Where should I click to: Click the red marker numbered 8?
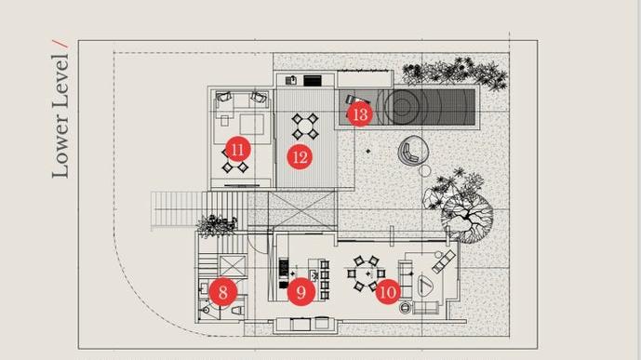coord(222,292)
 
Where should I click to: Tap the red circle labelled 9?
coord(300,292)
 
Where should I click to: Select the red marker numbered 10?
coord(388,292)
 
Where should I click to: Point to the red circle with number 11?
coord(238,150)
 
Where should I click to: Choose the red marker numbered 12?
coord(300,157)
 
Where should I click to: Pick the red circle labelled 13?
coord(360,114)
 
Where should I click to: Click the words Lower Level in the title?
coord(60,116)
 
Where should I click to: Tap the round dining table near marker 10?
coord(367,273)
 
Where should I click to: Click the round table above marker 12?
coord(305,127)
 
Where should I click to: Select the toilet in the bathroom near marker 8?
coord(237,311)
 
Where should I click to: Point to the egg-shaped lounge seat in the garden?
coord(413,152)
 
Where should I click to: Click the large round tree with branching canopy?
coord(467,219)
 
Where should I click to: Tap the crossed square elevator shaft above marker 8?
coord(233,266)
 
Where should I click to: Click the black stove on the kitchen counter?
coord(284,268)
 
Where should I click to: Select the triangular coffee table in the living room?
coord(425,286)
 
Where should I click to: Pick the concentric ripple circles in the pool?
coord(402,107)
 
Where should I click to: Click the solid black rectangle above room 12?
coord(313,81)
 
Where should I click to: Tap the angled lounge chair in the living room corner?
coord(444,261)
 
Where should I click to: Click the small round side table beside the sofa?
coord(405,307)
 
